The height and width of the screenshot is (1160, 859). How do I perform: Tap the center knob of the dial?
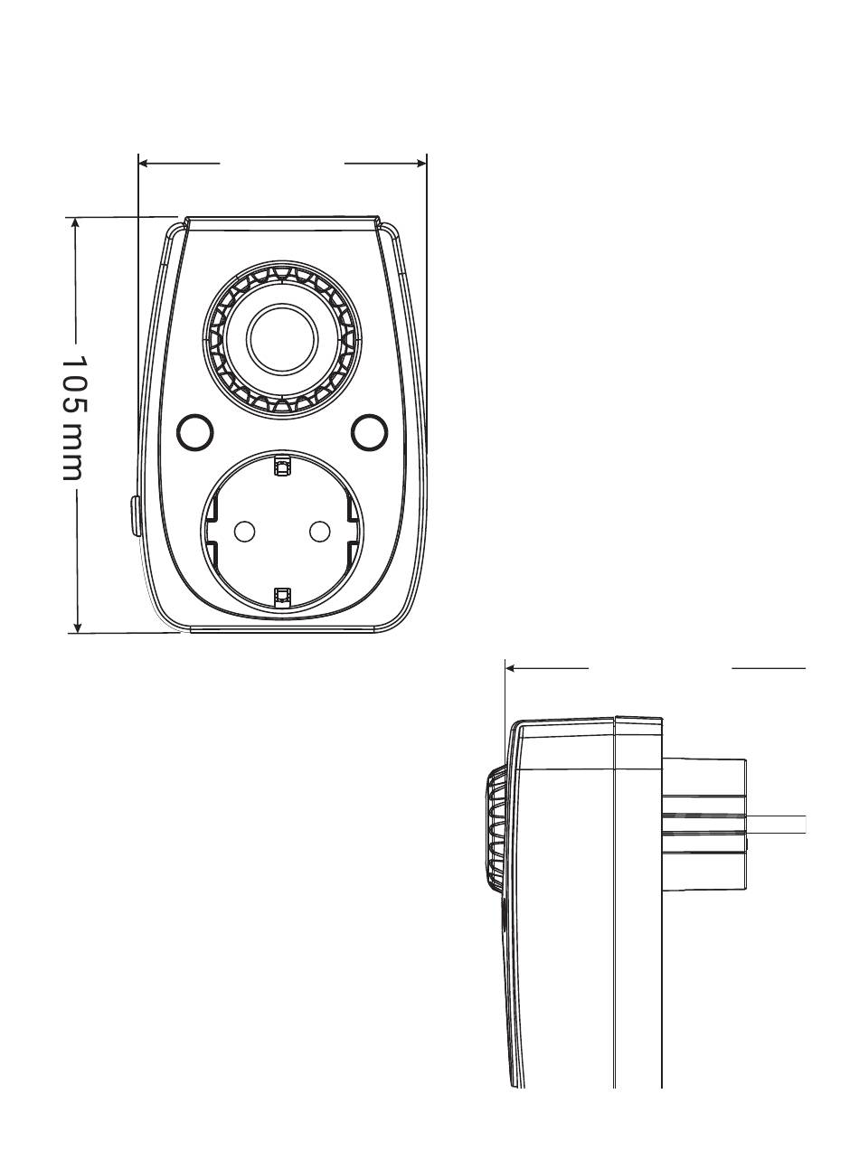(x=283, y=340)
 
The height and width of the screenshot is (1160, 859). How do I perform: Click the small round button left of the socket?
(x=194, y=433)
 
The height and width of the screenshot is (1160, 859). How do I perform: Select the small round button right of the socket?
(x=369, y=433)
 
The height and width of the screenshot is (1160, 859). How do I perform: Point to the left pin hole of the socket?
(x=244, y=532)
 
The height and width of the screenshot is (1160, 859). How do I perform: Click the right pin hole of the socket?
(x=319, y=532)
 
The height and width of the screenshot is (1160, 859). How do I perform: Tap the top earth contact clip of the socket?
(x=282, y=467)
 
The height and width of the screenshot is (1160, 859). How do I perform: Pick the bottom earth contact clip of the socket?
(x=282, y=594)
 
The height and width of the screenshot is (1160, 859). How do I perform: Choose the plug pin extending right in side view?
(x=778, y=824)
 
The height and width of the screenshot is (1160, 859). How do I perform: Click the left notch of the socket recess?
(x=210, y=532)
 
